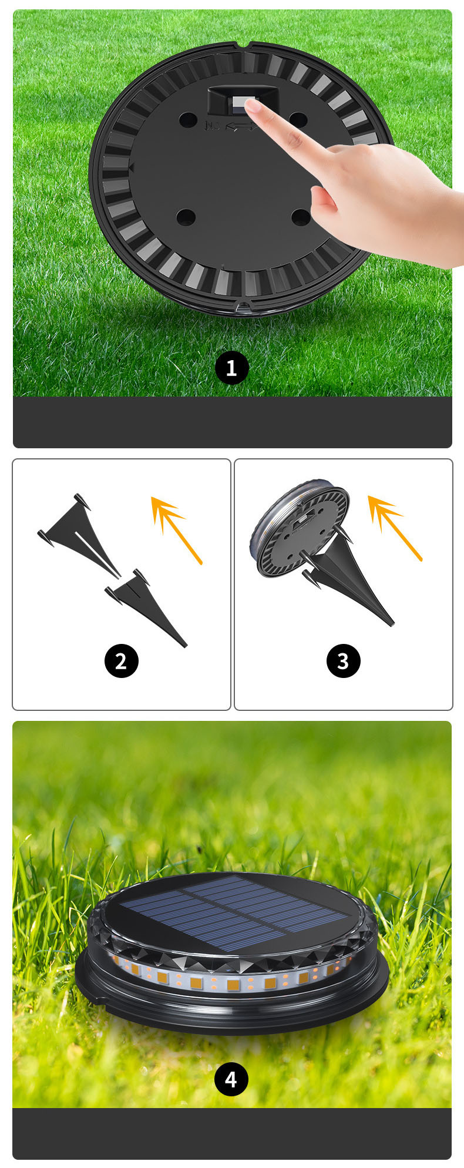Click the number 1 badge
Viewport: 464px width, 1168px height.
click(231, 368)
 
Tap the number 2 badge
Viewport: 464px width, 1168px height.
click(121, 661)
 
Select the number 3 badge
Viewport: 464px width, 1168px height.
click(343, 661)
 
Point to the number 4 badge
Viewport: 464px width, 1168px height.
click(231, 1079)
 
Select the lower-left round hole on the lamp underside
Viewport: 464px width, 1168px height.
click(186, 217)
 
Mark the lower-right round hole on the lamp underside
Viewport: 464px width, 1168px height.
click(301, 217)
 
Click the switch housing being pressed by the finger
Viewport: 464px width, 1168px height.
click(242, 100)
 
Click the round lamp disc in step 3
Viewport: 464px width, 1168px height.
click(300, 528)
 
